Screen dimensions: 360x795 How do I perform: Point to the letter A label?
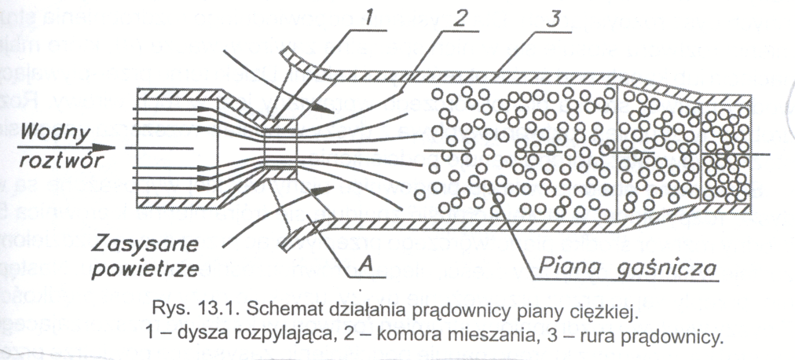pos(364,267)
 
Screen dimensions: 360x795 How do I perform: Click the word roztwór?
pos(49,160)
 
